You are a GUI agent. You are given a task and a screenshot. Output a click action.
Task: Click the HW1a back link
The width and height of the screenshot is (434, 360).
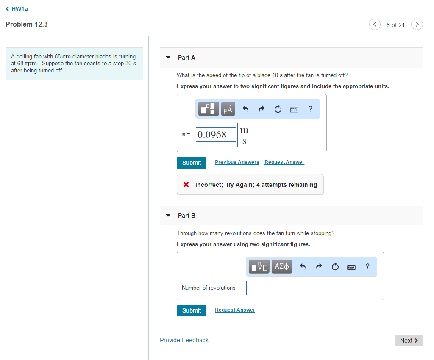point(17,9)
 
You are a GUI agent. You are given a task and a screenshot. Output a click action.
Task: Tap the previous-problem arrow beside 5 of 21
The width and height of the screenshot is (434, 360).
point(375,24)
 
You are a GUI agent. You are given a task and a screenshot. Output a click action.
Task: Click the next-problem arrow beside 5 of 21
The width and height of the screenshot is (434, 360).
point(417,24)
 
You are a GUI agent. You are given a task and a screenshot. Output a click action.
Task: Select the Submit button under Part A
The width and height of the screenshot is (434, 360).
point(192,163)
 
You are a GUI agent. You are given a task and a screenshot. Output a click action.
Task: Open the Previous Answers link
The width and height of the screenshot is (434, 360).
point(237,162)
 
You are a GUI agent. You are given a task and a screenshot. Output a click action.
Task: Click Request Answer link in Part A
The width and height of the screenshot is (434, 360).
point(284,162)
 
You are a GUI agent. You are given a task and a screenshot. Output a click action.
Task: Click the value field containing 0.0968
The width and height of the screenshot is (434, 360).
point(216,135)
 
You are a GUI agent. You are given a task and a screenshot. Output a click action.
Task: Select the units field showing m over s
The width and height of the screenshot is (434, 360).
point(258,135)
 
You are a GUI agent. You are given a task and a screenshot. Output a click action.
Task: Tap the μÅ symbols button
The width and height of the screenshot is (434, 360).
point(228,109)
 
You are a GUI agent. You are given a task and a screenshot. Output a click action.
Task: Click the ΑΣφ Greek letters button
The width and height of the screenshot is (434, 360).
point(282,266)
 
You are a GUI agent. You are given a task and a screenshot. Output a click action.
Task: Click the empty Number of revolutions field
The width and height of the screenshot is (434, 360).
point(267,288)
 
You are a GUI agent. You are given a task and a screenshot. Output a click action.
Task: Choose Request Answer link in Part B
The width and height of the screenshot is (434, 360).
point(235,310)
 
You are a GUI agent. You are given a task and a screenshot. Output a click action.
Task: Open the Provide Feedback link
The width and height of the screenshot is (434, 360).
point(184,340)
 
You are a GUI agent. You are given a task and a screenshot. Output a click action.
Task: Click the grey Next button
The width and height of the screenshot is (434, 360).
point(409,341)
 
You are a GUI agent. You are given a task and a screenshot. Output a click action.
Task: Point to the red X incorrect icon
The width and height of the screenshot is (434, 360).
point(186,184)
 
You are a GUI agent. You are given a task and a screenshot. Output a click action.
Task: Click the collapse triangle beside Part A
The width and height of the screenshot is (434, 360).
point(168,58)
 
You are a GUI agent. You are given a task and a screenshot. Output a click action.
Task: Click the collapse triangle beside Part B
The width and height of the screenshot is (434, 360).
point(168,216)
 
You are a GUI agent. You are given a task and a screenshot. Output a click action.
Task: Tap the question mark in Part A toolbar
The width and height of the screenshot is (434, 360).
point(310,109)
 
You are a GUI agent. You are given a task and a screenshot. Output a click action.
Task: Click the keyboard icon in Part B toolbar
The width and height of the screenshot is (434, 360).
point(351,267)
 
